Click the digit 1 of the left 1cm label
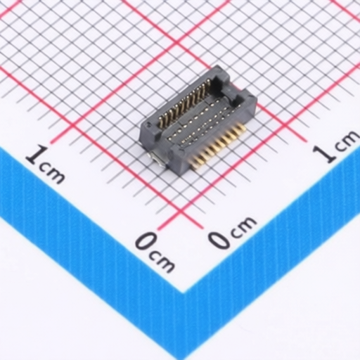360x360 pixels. [x=38, y=155]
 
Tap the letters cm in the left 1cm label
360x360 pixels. [x=52, y=174]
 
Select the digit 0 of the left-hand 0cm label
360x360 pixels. [x=148, y=242]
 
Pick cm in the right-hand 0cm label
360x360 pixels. [x=243, y=225]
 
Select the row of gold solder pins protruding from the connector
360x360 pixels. [x=218, y=146]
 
